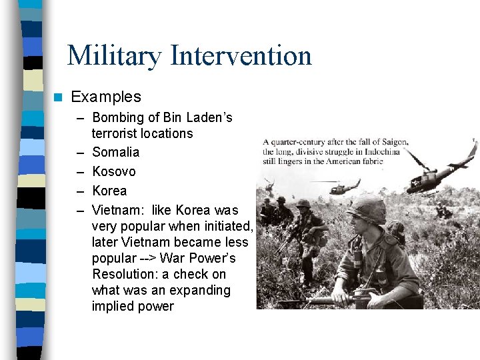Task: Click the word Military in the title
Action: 115,55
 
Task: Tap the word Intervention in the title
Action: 241,55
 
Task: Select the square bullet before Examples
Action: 58,97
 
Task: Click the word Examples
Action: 106,97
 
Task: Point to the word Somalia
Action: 116,152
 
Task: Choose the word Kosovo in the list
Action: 114,171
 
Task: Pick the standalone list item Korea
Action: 109,191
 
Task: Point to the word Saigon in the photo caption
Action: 389,142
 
